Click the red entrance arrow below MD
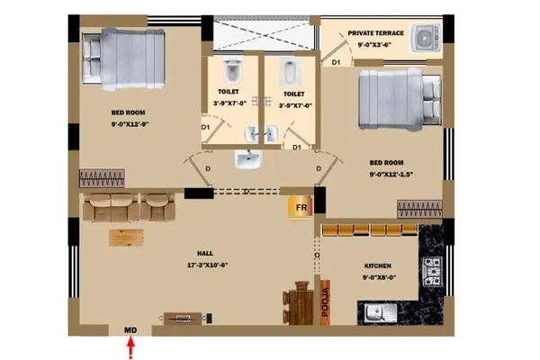(x=130, y=348)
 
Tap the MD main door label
(x=130, y=330)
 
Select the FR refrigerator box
(x=301, y=207)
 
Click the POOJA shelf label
(x=325, y=302)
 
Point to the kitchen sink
(x=381, y=313)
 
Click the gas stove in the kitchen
(x=432, y=271)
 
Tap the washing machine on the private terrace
(x=426, y=38)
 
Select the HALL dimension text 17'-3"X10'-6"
(x=208, y=265)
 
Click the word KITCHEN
(x=378, y=266)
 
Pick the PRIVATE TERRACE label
(x=375, y=33)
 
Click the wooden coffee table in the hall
(x=126, y=238)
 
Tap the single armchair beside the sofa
(x=157, y=207)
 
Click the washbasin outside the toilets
(x=247, y=159)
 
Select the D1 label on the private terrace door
(x=336, y=62)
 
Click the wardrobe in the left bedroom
(x=102, y=178)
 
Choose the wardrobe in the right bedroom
(x=419, y=209)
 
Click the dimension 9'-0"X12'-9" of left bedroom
(x=130, y=124)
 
